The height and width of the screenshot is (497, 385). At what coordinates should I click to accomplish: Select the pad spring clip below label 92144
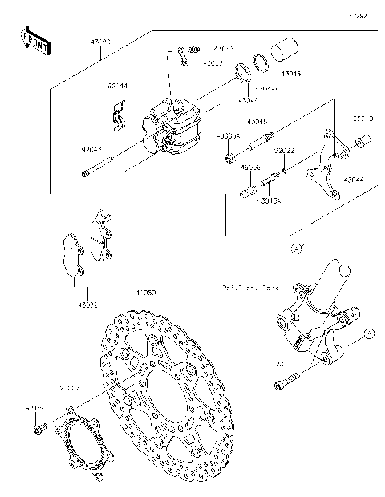(120, 115)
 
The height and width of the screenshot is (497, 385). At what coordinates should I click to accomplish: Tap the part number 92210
(362, 119)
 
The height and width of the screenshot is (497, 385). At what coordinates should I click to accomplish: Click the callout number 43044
(353, 180)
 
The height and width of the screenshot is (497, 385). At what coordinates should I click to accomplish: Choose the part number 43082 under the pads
(88, 305)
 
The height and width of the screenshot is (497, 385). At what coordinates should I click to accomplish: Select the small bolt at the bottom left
(38, 430)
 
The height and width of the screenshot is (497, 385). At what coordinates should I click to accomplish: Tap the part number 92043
(91, 150)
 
